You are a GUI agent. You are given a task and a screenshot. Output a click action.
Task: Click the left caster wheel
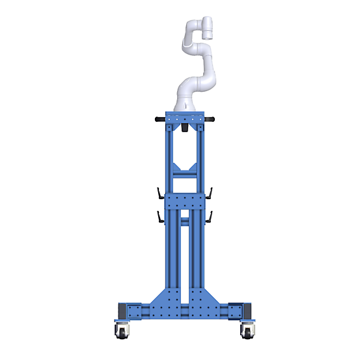tap(122, 331)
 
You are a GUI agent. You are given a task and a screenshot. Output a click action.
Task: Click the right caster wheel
tap(247, 331)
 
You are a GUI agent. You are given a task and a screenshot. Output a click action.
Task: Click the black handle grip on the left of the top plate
tap(159, 119)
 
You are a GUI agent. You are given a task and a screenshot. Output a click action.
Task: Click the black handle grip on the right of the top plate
tap(210, 119)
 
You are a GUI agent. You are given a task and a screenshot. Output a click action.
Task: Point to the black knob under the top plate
tap(184, 129)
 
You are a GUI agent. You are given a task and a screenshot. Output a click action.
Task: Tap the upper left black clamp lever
tap(160, 193)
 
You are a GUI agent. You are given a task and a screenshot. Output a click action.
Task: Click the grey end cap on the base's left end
tap(122, 311)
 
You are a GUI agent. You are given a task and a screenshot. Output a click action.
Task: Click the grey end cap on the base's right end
tap(246, 311)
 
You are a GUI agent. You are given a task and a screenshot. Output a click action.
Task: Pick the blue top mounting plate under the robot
tap(185, 118)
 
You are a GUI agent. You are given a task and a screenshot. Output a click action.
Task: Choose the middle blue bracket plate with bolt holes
tap(185, 201)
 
